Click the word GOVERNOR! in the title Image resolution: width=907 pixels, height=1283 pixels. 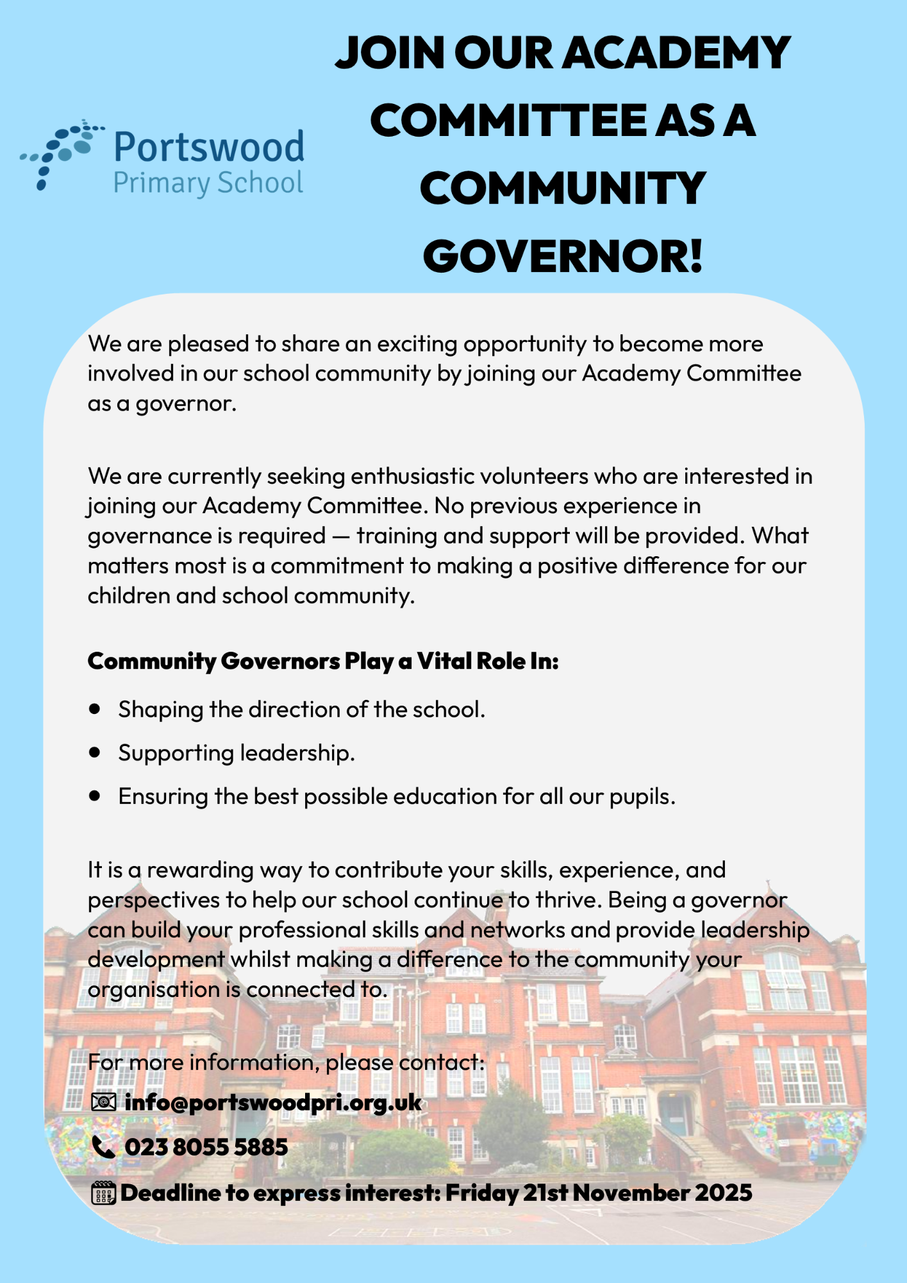pos(563,256)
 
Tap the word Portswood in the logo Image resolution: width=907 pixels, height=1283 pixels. pos(208,147)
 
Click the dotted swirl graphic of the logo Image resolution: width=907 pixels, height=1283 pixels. pos(61,153)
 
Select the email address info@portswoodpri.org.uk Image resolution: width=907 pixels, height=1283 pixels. pos(273,1102)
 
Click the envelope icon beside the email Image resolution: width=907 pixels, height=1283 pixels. pos(103,1102)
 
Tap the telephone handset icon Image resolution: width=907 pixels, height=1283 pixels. pos(103,1147)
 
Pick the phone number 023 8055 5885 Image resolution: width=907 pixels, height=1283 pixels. pos(206,1147)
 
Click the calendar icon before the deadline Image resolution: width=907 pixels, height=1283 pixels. pos(103,1193)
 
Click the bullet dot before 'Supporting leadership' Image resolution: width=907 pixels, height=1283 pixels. pos(96,752)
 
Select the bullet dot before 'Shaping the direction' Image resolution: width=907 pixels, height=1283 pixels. pos(96,709)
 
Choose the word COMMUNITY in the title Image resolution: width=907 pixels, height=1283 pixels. pos(563,189)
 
